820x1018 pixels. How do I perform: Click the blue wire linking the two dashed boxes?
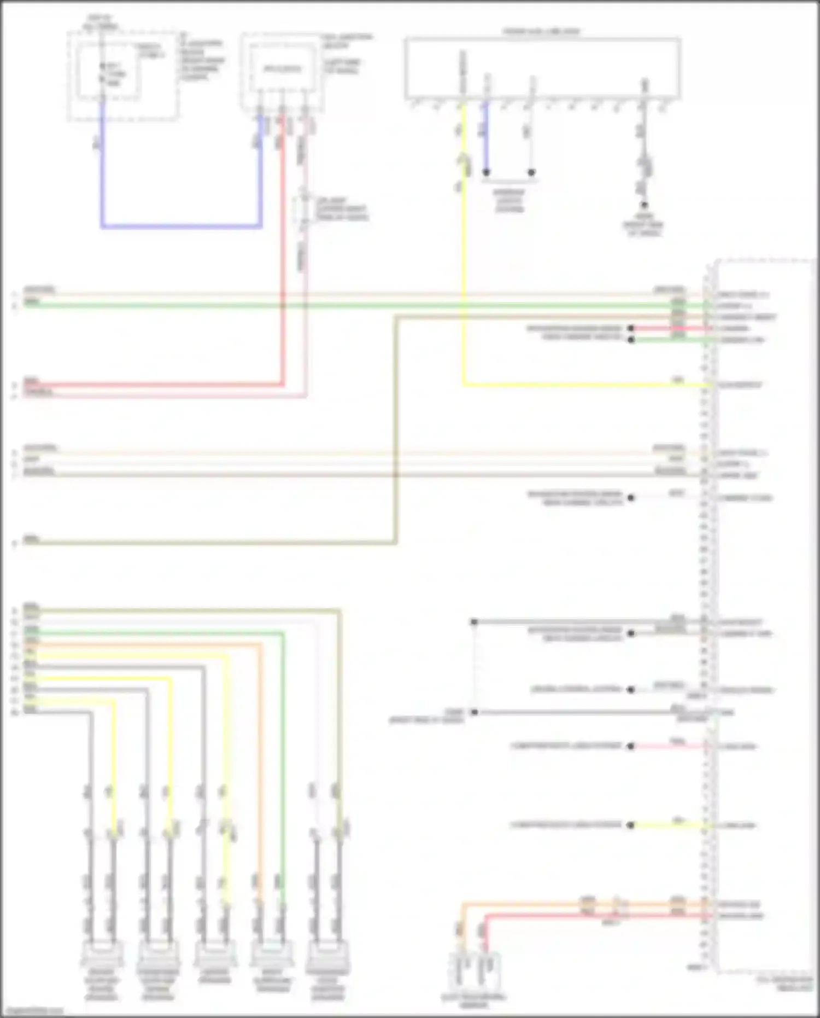pyautogui.click(x=180, y=225)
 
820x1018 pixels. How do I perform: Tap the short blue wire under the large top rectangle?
pyautogui.click(x=485, y=137)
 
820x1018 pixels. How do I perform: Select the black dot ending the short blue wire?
pyautogui.click(x=486, y=172)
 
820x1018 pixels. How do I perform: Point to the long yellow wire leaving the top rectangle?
pyautogui.click(x=464, y=246)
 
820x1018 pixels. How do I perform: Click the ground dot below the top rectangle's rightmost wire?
pyautogui.click(x=644, y=205)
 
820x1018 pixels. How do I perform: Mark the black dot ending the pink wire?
pyautogui.click(x=631, y=746)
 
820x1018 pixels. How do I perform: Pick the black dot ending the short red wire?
pyautogui.click(x=631, y=328)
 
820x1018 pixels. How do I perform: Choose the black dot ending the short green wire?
pyautogui.click(x=631, y=340)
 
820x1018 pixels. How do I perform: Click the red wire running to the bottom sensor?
pyautogui.click(x=590, y=915)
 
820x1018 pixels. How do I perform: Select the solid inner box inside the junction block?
pyautogui.click(x=282, y=68)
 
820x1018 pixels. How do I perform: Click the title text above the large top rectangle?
pyautogui.click(x=541, y=32)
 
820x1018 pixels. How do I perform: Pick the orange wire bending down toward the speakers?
pyautogui.click(x=259, y=766)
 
